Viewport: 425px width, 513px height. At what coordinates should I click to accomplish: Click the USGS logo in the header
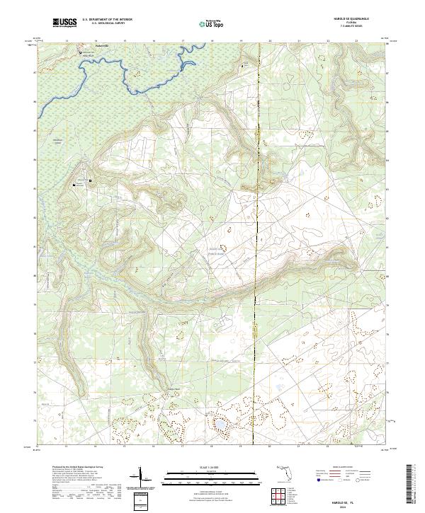[64, 23]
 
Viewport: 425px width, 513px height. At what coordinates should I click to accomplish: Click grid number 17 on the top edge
[183, 41]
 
